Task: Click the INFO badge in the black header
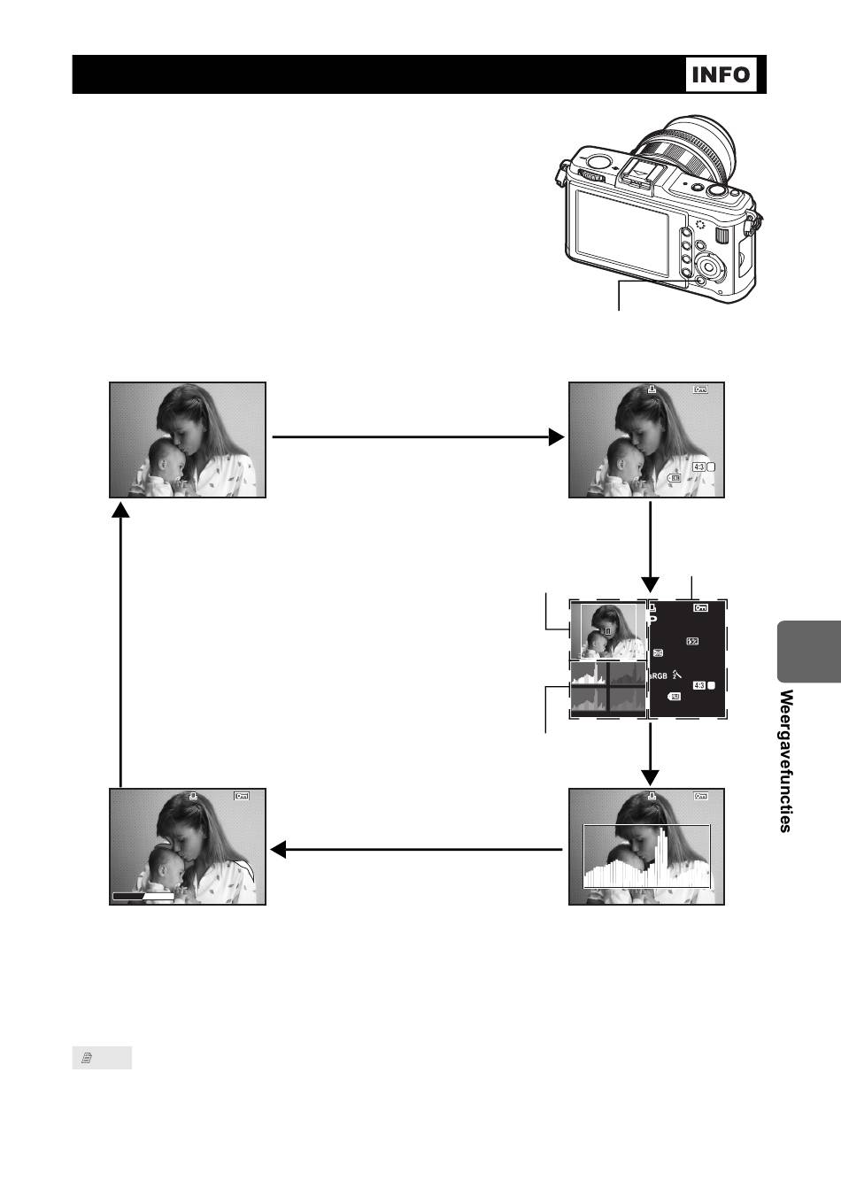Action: pyautogui.click(x=721, y=74)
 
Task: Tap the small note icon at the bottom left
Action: pyautogui.click(x=88, y=1058)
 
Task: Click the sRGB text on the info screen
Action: pyautogui.click(x=659, y=676)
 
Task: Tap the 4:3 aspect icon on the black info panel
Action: pyautogui.click(x=698, y=684)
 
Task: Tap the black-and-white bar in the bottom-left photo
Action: pyautogui.click(x=143, y=896)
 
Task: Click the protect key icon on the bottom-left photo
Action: pyautogui.click(x=243, y=796)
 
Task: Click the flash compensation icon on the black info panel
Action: pyautogui.click(x=693, y=641)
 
